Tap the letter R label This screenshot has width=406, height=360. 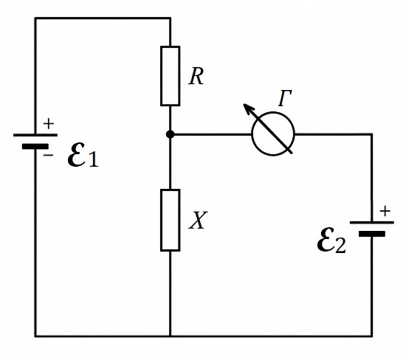tap(196, 77)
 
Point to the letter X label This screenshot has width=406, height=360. tap(198, 221)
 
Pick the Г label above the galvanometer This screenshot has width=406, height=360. tap(285, 98)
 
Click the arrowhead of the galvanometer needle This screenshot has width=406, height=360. tap(248, 108)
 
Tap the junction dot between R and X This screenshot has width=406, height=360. tap(170, 134)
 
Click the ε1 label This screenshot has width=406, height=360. tap(83, 156)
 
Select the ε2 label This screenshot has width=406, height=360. tap(331, 241)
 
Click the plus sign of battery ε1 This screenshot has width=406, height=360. tap(49, 124)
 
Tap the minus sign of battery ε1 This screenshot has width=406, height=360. tap(48, 155)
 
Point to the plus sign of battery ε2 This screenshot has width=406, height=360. tap(385, 211)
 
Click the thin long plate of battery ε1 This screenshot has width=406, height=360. tap(35, 135)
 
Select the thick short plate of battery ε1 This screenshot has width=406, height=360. tap(35, 147)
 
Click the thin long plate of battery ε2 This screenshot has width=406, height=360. tap(372, 222)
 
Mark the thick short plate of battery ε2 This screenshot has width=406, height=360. tap(372, 234)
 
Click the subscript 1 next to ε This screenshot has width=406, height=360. tap(94, 159)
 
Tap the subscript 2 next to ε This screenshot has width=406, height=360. tap(340, 245)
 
